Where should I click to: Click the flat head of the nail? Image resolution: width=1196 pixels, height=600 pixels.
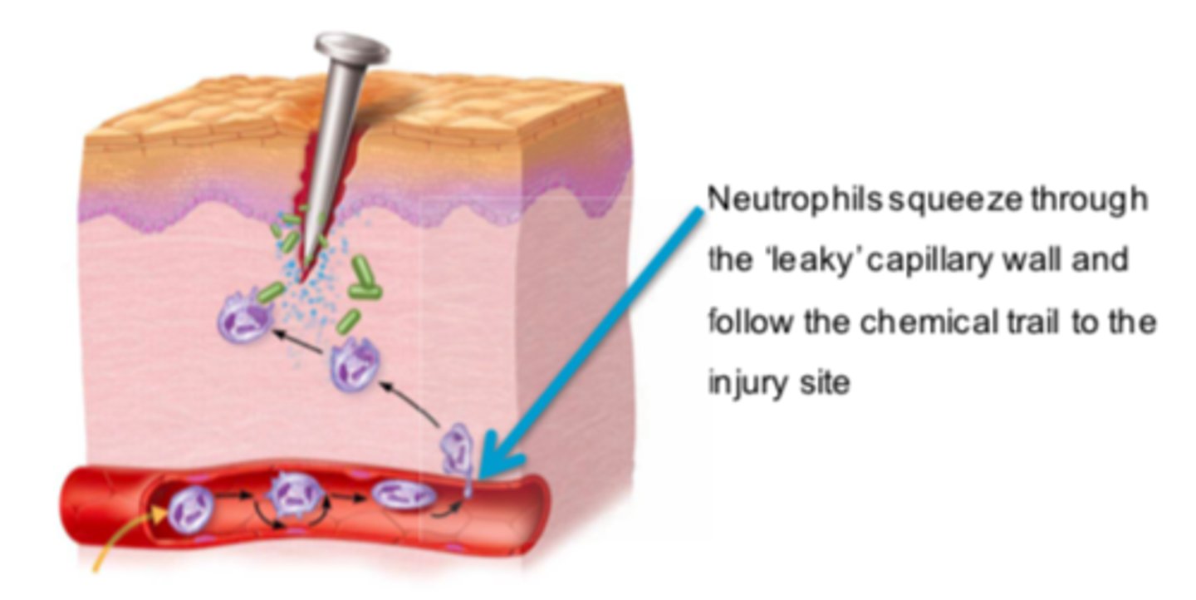point(352,47)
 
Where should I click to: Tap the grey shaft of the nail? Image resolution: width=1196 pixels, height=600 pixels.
point(337,125)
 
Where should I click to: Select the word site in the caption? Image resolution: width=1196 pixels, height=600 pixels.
point(826,384)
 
